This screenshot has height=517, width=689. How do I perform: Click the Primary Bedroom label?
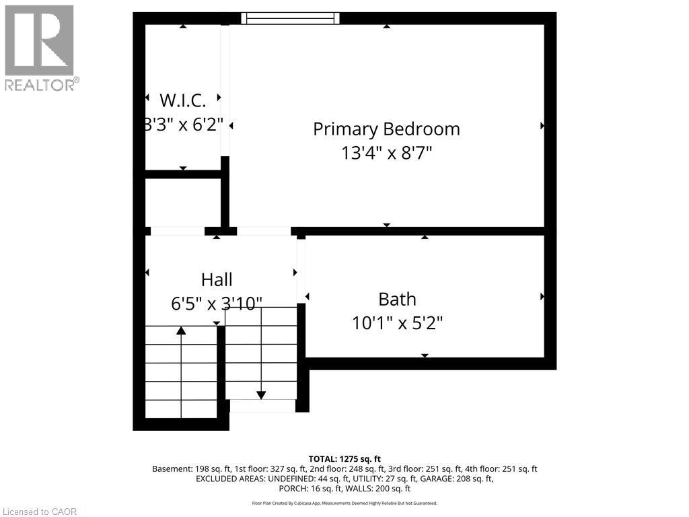click(386, 129)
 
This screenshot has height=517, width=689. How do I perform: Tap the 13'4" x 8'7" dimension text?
click(386, 153)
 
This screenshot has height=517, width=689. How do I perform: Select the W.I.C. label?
click(182, 100)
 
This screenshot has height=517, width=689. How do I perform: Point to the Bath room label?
click(397, 299)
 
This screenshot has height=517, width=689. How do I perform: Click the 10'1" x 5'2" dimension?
click(397, 323)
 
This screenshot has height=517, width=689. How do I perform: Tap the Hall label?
click(217, 279)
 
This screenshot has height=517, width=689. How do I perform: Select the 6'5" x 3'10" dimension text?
click(217, 304)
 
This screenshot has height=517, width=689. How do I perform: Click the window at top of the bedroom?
click(290, 18)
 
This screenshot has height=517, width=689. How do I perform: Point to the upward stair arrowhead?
click(181, 330)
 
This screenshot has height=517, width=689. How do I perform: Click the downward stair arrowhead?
click(261, 395)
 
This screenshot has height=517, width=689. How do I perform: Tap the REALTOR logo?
click(40, 47)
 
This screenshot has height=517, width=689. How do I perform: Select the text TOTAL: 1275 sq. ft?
click(344, 458)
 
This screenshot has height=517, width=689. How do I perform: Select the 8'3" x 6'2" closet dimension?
click(182, 125)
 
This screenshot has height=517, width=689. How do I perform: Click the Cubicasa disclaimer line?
click(344, 503)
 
